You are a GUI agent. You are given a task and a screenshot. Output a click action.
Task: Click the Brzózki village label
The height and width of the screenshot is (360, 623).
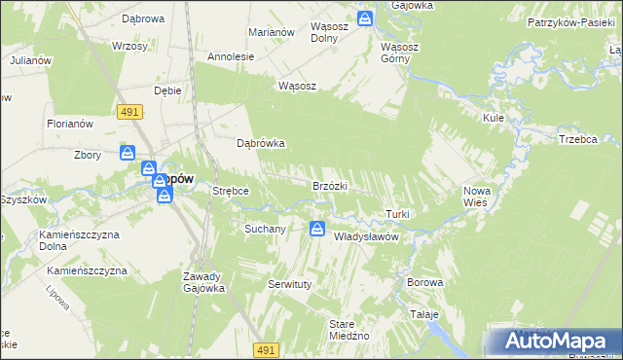(x=330, y=186)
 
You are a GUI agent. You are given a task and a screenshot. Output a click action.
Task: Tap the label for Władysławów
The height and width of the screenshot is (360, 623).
(x=368, y=236)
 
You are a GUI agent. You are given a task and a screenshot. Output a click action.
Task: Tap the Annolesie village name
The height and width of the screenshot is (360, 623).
(x=231, y=56)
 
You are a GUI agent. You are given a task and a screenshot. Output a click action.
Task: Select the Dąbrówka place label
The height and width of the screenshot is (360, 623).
(x=261, y=143)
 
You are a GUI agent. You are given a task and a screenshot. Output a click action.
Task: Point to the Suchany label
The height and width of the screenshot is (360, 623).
(x=264, y=230)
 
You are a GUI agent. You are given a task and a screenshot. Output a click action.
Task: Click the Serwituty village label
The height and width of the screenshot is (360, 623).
(x=288, y=284)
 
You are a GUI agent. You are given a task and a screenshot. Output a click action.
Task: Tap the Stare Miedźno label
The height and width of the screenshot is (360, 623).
(x=348, y=329)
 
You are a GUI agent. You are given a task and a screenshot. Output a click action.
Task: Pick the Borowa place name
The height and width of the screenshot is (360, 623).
(x=425, y=282)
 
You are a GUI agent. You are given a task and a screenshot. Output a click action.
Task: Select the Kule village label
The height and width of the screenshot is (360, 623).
(x=493, y=118)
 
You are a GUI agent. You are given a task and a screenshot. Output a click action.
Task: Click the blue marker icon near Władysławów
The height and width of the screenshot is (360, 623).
(x=317, y=230)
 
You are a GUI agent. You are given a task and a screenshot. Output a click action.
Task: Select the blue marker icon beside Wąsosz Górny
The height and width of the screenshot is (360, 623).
(x=364, y=19)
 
